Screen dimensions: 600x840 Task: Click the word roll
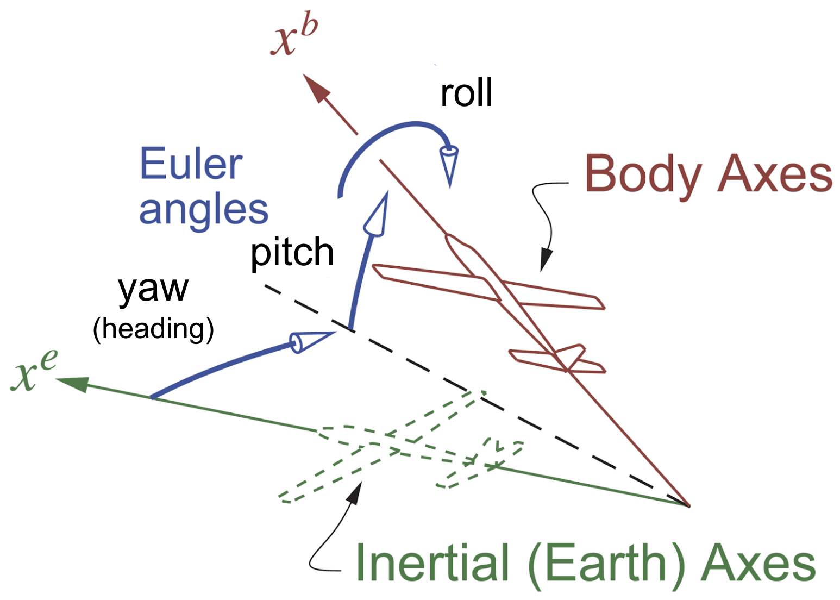466,93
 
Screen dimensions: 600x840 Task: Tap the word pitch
292,253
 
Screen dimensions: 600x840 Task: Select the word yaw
153,289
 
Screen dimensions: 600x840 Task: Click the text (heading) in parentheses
153,329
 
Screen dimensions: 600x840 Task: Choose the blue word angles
203,210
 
